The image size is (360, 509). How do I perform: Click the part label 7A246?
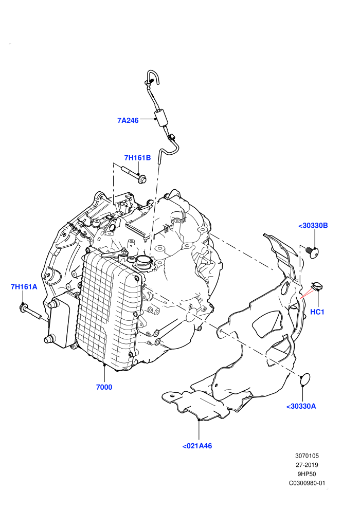coord(128,120)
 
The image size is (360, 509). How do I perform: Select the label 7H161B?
coord(138,158)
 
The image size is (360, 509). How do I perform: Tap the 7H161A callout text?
coord(24,287)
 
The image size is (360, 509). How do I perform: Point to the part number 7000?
coord(104,387)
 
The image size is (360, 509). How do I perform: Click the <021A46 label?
coord(197,446)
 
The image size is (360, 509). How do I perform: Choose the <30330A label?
coord(301,406)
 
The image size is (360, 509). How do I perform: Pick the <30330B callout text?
coord(313,225)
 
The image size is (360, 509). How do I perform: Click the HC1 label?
coord(317,312)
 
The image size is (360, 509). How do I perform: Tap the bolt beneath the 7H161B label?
coord(134,174)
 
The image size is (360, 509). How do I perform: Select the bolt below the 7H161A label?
coord(30,311)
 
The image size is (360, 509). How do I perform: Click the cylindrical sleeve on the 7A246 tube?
coord(161,118)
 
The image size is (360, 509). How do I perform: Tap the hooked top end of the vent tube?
coord(153,78)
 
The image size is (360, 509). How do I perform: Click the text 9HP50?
coord(307,474)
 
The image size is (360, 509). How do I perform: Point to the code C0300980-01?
coord(307,483)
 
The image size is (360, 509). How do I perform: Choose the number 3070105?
coord(307,456)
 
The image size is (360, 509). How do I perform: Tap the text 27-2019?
coord(307,465)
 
